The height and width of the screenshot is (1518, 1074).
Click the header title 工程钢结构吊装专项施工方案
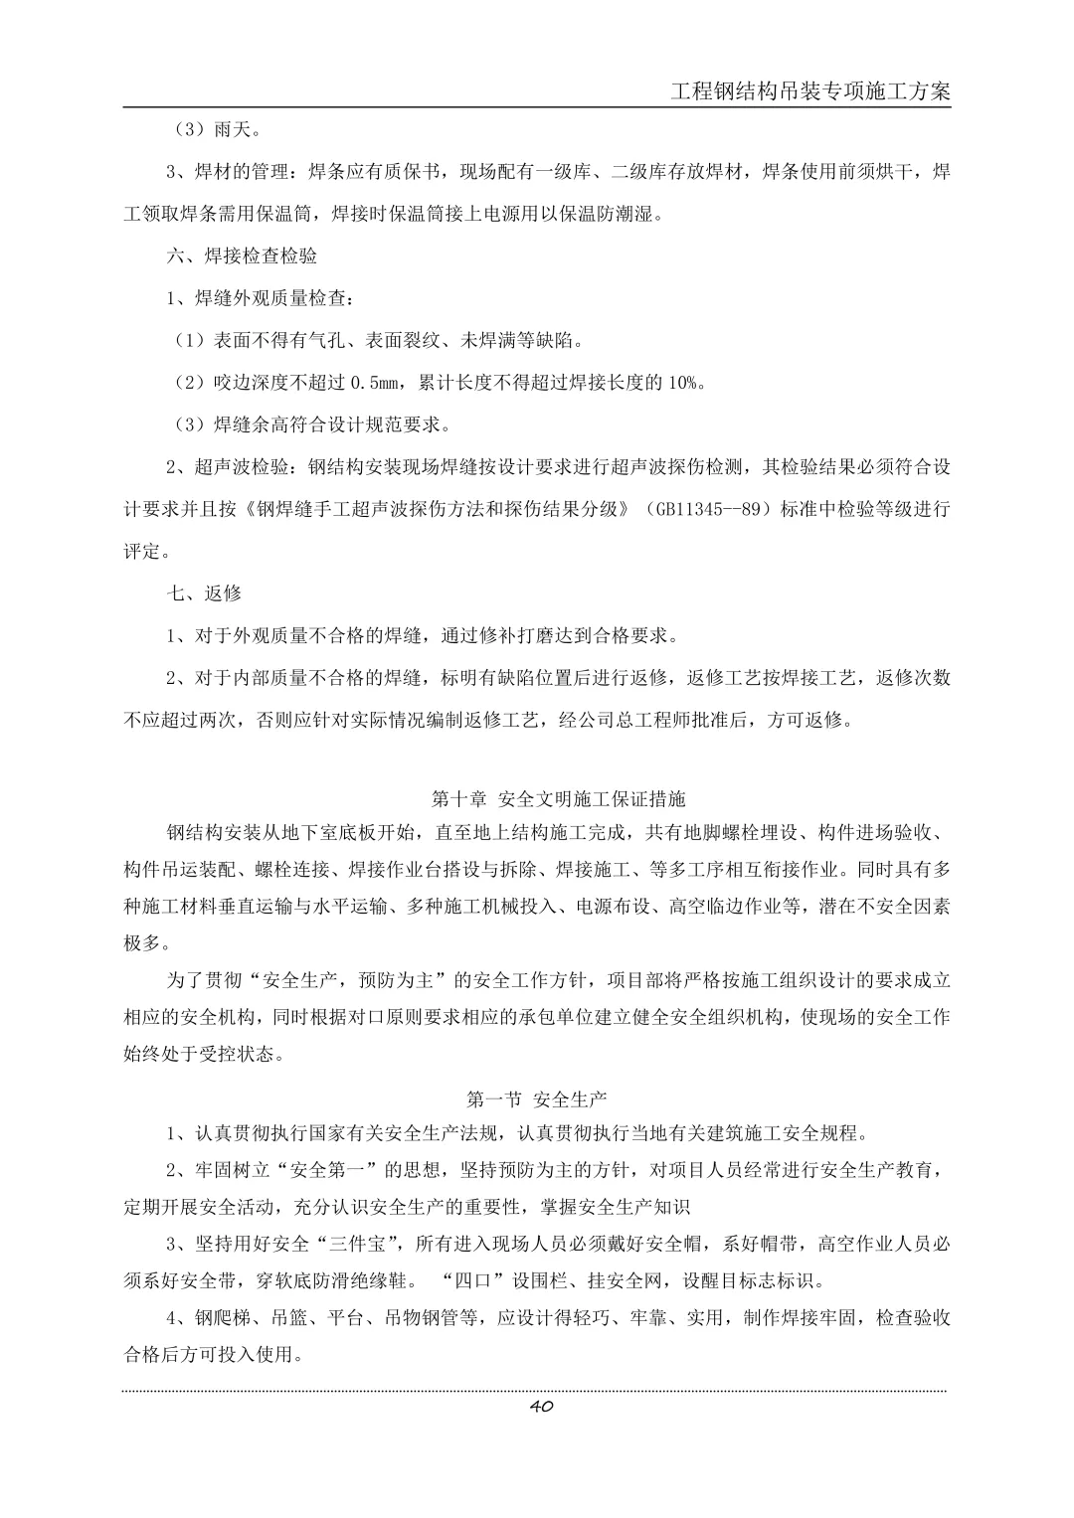tap(810, 91)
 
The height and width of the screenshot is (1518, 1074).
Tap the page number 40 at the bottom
tap(541, 1406)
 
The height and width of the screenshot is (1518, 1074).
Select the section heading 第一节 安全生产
tap(537, 1098)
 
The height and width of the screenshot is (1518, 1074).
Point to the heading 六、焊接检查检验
tap(242, 255)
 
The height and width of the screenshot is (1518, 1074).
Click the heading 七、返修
tap(204, 592)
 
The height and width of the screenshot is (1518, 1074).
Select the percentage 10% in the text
tap(688, 383)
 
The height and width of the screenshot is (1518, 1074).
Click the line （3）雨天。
tap(203, 129)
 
